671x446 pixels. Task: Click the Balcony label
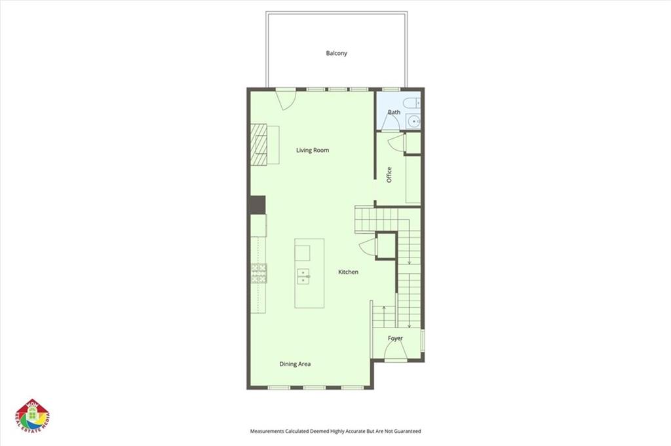click(336, 53)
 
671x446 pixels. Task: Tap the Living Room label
click(312, 150)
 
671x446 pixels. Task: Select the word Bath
click(394, 112)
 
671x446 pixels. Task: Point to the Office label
click(389, 174)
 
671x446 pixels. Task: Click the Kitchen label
click(348, 272)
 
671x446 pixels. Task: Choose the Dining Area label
click(295, 364)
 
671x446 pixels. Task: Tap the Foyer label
click(395, 339)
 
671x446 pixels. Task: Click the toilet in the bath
click(412, 103)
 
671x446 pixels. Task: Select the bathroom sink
click(413, 121)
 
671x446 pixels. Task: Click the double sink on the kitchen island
click(303, 276)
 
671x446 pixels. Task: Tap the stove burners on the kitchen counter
click(259, 273)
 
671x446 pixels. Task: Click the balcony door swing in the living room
click(287, 100)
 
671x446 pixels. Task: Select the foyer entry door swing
click(395, 352)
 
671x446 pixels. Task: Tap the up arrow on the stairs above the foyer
click(383, 307)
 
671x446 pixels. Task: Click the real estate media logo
click(33, 416)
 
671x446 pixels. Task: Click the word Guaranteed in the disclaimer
click(404, 432)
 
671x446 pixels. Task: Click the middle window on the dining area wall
click(315, 388)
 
